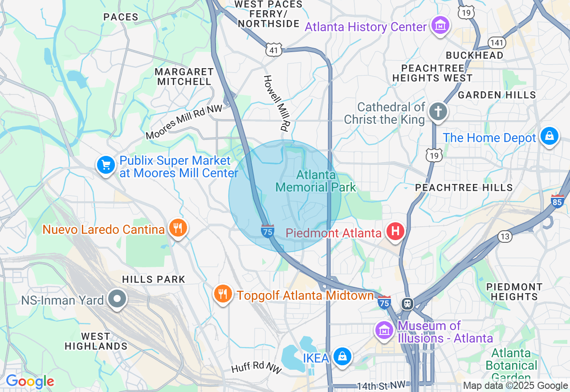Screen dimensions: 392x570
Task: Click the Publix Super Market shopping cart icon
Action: [x=106, y=165]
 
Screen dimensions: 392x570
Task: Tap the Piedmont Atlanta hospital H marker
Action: [x=395, y=232]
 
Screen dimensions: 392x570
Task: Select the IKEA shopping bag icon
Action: [x=342, y=357]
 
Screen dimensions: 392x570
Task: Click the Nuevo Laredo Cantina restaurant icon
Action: [x=178, y=228]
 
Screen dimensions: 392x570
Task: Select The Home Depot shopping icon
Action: [x=550, y=136]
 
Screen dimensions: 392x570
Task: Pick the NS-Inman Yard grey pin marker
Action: [x=118, y=299]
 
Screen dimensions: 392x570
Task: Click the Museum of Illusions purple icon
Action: [x=383, y=330]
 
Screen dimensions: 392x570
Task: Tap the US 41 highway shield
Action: [x=274, y=50]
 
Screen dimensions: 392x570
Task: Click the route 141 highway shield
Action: [x=497, y=43]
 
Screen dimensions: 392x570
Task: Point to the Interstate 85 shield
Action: [x=557, y=201]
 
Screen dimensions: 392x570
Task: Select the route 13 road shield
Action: [x=505, y=237]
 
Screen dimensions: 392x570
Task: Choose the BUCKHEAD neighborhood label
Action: [x=475, y=55]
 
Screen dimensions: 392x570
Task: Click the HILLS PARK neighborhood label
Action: [x=154, y=280]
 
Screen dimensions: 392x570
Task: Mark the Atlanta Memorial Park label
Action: [x=316, y=181]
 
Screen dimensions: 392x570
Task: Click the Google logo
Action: [x=30, y=381]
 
